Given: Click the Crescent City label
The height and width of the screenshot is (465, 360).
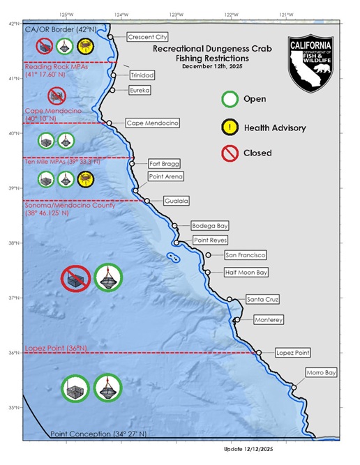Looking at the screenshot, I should [148, 38].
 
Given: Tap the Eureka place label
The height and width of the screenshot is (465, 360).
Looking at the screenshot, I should [140, 90].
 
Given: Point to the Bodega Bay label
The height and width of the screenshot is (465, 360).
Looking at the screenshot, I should [209, 226].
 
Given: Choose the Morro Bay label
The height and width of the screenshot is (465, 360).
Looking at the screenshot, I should [320, 373].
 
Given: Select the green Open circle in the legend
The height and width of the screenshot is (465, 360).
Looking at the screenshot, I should [230, 99].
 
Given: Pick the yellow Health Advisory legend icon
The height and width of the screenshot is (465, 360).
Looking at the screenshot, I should [230, 127].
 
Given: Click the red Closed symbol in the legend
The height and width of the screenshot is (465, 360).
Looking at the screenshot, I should [230, 153].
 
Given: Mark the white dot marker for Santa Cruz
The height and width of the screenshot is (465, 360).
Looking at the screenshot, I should [230, 300].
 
